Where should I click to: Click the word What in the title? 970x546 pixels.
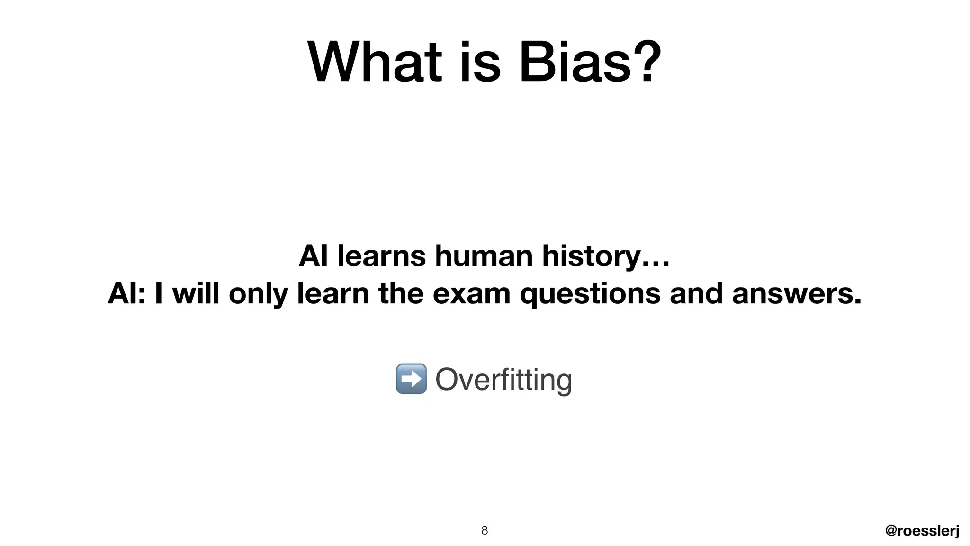tap(374, 63)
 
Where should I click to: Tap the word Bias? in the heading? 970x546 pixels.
tap(590, 63)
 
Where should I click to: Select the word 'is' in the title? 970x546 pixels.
tap(480, 63)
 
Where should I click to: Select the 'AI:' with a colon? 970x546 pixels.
tap(126, 293)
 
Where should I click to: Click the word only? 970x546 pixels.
tap(258, 293)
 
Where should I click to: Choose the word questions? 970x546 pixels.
tap(590, 293)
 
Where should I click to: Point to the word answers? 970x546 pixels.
tap(797, 293)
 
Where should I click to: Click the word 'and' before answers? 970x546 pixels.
tap(696, 293)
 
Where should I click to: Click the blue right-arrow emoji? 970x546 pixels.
tap(411, 379)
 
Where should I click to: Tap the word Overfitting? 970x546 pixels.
tap(503, 379)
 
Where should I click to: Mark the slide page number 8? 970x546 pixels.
tap(485, 530)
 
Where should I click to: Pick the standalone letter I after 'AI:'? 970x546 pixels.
tap(159, 293)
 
